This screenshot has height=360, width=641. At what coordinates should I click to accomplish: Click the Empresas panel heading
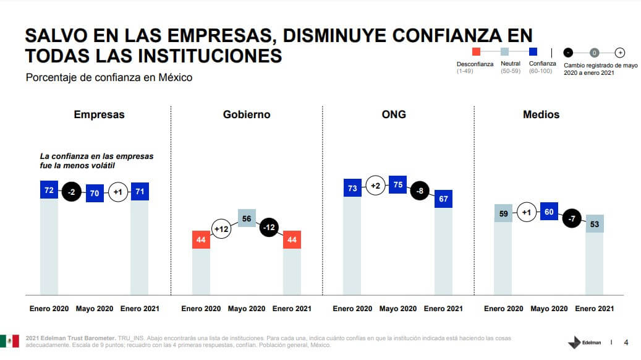(99, 114)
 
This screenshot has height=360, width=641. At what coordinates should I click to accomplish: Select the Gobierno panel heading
(247, 114)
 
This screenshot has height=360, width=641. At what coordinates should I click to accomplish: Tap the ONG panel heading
(394, 114)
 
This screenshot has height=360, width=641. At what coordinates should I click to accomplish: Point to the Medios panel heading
(541, 114)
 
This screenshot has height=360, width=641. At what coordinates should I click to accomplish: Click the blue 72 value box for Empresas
(49, 190)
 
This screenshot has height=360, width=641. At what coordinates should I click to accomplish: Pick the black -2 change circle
(72, 192)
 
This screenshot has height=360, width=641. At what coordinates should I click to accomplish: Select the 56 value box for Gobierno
(247, 218)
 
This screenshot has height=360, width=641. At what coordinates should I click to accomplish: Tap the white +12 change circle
(223, 229)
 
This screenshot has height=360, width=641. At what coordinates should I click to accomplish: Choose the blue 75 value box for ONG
(397, 185)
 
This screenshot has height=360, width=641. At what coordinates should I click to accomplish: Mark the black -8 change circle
(421, 191)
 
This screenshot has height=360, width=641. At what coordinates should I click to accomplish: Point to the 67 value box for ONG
(443, 199)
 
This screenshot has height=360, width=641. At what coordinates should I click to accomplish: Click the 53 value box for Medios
(594, 223)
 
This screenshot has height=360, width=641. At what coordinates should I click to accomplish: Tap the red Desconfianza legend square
(475, 53)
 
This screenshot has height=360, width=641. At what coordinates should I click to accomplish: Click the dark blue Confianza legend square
(532, 53)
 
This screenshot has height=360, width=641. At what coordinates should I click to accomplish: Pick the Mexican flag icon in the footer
(9, 341)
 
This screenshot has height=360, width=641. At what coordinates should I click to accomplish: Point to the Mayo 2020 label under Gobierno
(247, 309)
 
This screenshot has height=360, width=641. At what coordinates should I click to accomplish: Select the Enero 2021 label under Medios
(594, 309)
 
